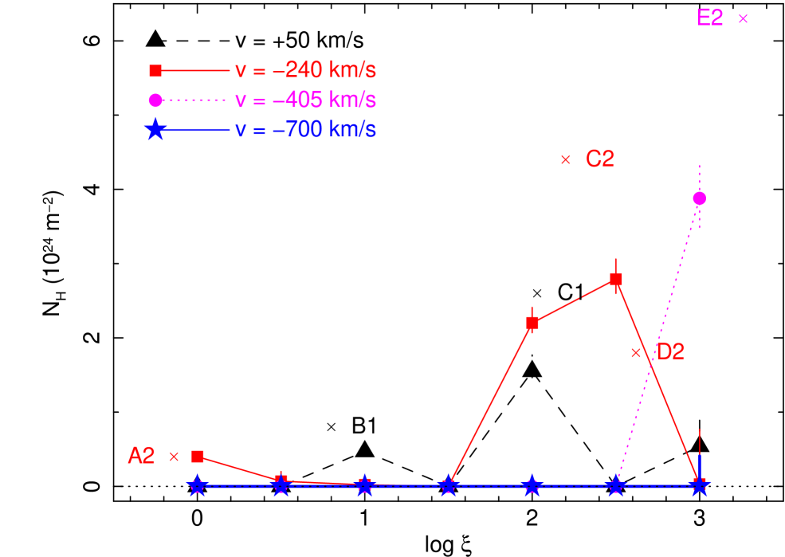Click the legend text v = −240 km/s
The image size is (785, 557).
click(305, 71)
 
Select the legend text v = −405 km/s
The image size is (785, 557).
click(305, 100)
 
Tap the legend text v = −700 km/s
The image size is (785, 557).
click(305, 130)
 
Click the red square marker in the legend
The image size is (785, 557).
click(155, 71)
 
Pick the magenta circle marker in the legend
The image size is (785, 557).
click(155, 100)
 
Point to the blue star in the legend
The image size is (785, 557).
click(155, 130)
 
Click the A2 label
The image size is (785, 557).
click(141, 456)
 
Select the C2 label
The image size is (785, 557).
click(599, 159)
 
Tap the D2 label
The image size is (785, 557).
click(669, 352)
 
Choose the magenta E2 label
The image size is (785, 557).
click(709, 18)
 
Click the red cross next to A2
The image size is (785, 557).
click(174, 457)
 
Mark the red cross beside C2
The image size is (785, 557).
click(566, 160)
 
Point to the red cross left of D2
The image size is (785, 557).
click(636, 352)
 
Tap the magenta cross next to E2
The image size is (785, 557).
click(743, 19)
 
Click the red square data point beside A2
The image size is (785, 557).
click(198, 457)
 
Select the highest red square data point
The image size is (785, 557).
click(616, 279)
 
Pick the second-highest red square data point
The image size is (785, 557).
click(532, 323)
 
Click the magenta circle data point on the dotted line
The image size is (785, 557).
click(700, 198)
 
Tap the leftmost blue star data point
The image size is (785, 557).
click(198, 486)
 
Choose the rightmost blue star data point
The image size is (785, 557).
click(700, 485)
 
